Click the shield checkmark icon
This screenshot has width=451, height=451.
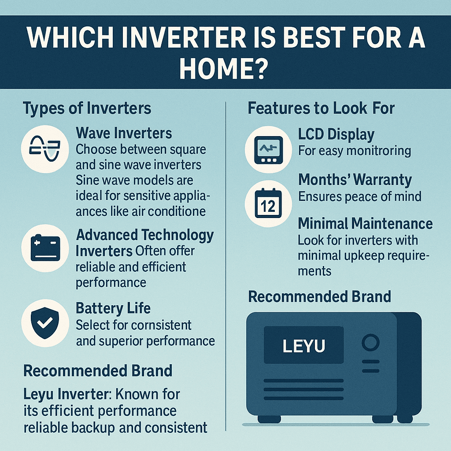(44, 323)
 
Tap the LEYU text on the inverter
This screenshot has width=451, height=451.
(303, 346)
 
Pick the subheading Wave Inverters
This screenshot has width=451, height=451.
(124, 133)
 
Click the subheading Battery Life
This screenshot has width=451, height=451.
(113, 308)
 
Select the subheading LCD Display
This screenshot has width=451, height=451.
(336, 134)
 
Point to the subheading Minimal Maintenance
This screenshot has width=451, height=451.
(365, 224)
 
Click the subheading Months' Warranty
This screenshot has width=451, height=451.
(355, 180)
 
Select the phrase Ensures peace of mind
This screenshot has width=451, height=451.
(360, 196)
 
